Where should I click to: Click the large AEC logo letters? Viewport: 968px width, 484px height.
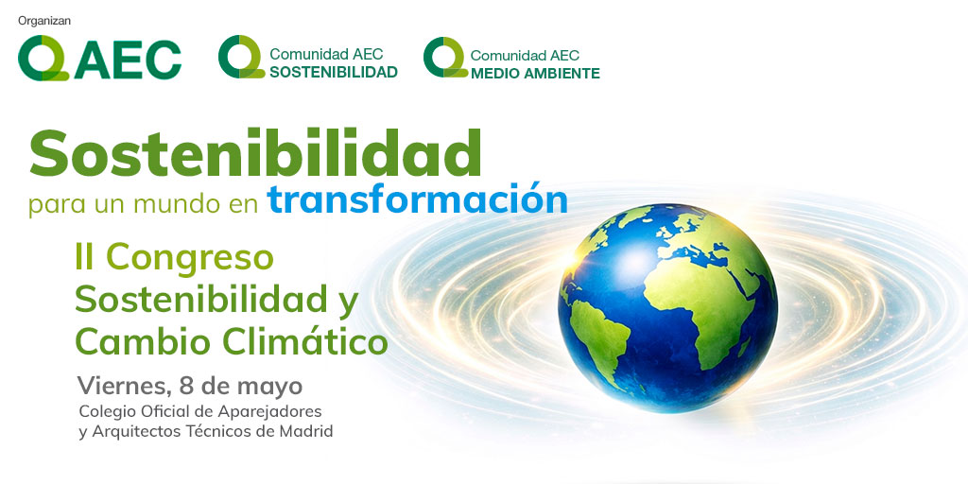coord(130,60)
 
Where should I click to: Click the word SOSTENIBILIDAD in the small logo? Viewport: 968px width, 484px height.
coord(333,72)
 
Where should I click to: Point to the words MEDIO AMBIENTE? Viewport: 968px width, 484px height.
coord(534,73)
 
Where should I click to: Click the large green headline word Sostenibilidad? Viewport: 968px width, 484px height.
coord(255,153)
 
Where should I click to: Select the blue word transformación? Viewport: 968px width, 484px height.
coord(417,199)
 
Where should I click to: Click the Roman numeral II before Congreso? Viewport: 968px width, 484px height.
coord(86,258)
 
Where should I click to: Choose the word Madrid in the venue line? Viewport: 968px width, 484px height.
coord(308,431)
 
